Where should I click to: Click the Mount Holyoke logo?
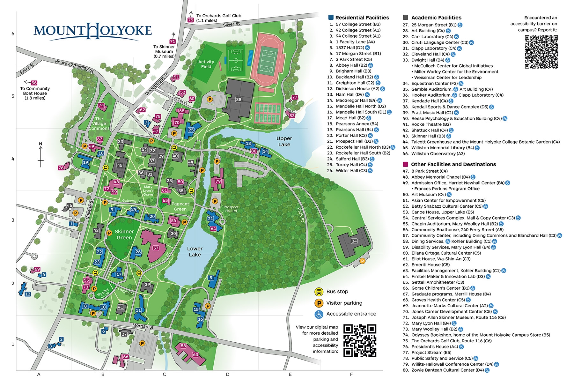(92, 31)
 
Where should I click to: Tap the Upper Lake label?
(284, 141)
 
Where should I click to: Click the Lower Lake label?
(195, 251)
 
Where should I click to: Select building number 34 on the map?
(354, 241)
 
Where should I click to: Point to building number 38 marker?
(239, 100)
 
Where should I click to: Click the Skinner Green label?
(124, 234)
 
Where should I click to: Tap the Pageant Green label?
(180, 206)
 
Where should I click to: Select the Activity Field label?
(206, 64)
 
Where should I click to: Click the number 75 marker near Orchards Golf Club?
(191, 20)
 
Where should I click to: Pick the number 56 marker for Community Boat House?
(34, 83)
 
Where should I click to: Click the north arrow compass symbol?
(40, 155)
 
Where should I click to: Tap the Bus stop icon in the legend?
(319, 291)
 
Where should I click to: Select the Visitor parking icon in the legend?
(319, 303)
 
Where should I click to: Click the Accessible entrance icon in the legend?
(319, 314)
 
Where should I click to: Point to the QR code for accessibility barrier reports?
(541, 52)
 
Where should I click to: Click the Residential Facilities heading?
(362, 18)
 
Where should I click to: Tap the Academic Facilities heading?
(436, 18)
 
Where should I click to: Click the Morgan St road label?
(143, 326)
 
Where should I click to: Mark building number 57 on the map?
(156, 248)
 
